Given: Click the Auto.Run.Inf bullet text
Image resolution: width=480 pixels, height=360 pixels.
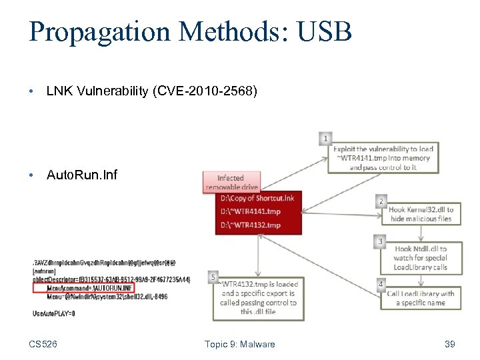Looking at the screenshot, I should pos(82,175).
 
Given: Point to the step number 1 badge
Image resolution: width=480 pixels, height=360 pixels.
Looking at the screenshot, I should pos(325,139).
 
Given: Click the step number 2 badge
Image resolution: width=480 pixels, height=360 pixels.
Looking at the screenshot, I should pos(381,201).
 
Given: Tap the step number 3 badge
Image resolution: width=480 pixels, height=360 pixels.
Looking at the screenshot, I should pos(381,241).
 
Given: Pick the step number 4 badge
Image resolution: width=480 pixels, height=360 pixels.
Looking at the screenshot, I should pos(381,284).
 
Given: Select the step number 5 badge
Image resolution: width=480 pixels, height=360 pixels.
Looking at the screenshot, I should pos(212,276).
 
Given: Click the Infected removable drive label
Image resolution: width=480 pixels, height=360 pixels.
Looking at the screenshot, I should pos(231,182).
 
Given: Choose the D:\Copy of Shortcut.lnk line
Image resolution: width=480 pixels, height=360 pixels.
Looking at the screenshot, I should pos(257,199).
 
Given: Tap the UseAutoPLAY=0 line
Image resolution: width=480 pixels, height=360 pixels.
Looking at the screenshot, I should pos(54,313).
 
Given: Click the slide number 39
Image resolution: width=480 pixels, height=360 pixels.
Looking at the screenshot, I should pos(449,344).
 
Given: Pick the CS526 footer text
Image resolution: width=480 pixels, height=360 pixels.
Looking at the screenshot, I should pos(43,344).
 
